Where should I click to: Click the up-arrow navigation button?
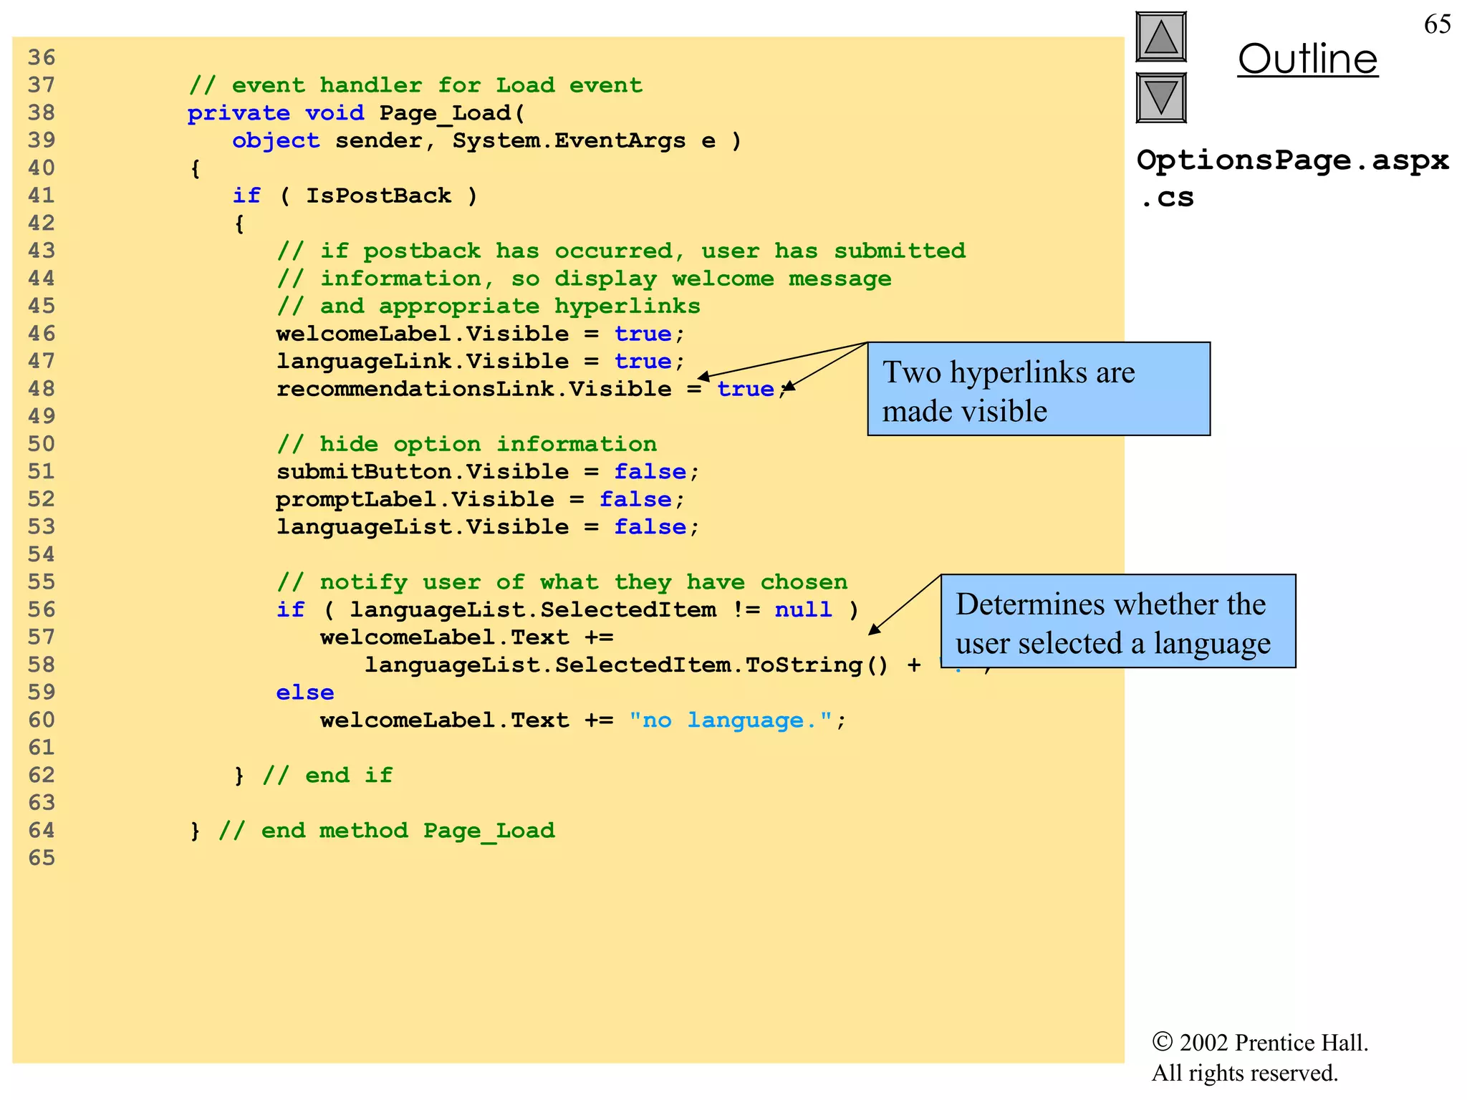1160,37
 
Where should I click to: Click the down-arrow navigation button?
1160,97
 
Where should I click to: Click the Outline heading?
1307,59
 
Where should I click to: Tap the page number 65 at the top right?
1437,24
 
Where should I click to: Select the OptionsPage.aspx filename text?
1292,160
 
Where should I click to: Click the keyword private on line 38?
239,113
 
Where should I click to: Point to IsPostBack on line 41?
378,196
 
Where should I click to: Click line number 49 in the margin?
42,416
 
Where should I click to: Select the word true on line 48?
745,389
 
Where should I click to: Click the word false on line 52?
635,499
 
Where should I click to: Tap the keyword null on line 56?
803,609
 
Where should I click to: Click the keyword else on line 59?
305,693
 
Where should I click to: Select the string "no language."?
731,720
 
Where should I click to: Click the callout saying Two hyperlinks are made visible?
1038,390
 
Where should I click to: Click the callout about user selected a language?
1117,622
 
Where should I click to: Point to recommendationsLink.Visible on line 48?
474,389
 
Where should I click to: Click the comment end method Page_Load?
386,831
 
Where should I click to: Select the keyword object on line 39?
276,140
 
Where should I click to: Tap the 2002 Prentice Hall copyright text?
1261,1043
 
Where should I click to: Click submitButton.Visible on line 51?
423,472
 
